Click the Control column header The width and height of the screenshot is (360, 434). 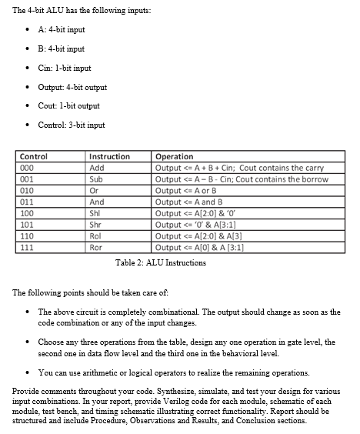coord(34,156)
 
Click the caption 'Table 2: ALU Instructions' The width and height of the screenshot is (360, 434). coord(161,263)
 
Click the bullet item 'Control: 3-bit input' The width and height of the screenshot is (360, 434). coord(72,125)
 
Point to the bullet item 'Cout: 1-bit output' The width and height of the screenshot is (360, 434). coord(68,105)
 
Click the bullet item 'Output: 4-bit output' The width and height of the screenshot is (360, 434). coord(72,87)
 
